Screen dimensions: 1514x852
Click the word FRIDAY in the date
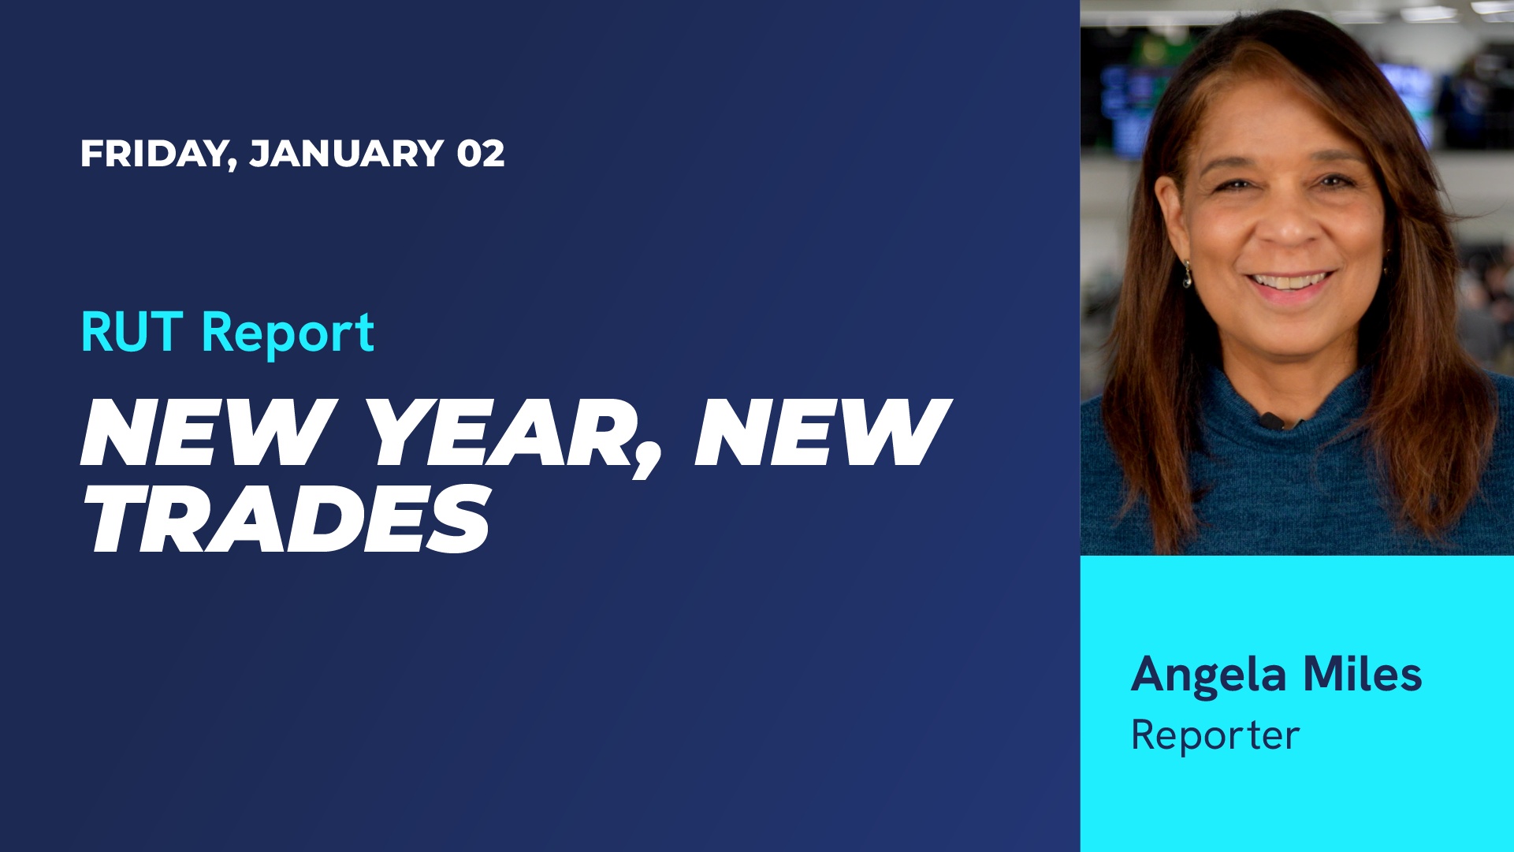153,153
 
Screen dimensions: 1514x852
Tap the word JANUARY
347,153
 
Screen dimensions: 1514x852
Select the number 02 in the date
481,153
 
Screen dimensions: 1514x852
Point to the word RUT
132,332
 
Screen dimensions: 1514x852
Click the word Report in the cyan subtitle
288,334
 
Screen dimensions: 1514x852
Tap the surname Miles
1363,675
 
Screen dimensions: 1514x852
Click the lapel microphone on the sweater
1270,420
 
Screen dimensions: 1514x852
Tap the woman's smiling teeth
1290,281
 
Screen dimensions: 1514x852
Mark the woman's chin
1291,331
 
